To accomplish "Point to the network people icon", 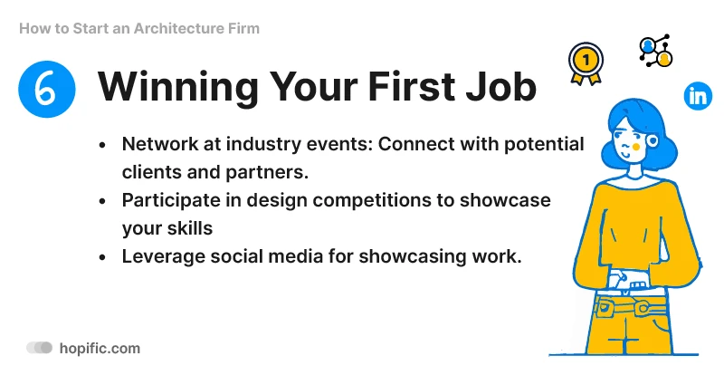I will (655, 52).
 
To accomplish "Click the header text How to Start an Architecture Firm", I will (138, 28).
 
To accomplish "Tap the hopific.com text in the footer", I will (100, 348).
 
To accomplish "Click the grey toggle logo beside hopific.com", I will (40, 348).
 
